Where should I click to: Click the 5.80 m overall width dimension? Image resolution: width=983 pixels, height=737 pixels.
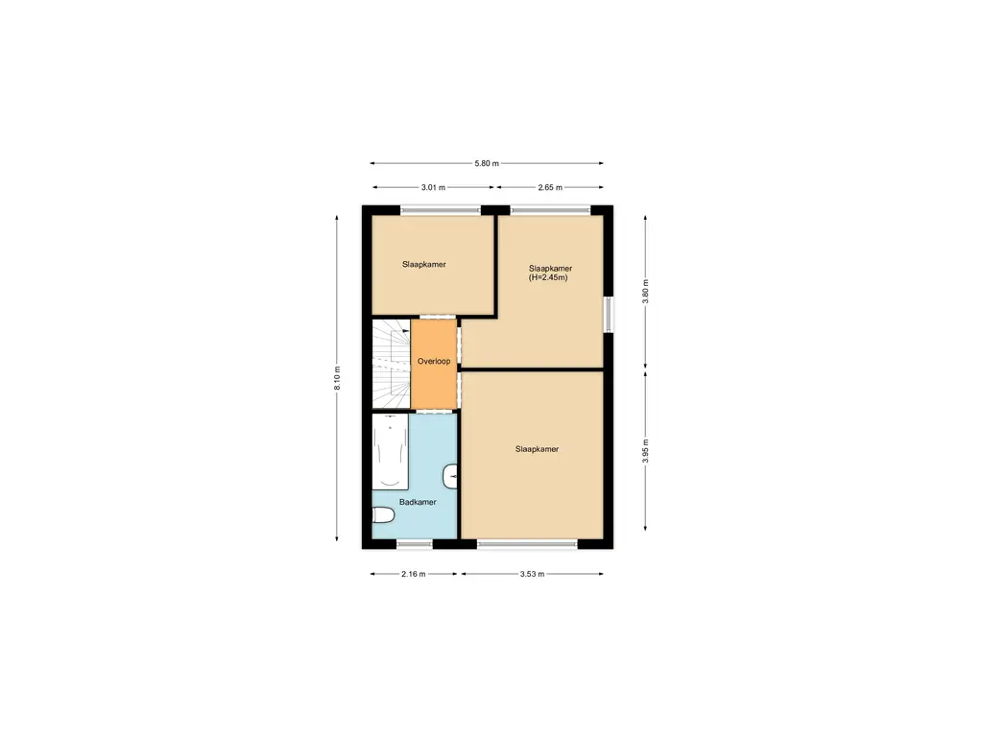[487, 164]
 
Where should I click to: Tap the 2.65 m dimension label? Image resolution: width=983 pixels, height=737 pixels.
[550, 188]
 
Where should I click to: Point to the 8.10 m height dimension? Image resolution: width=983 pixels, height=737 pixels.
[338, 378]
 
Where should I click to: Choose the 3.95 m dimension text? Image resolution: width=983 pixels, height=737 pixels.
[645, 452]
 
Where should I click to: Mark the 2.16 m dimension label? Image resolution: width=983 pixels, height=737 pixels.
[414, 574]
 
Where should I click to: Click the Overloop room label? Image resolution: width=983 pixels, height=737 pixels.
[434, 362]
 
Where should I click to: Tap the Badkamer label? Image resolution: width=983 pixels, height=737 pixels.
[419, 502]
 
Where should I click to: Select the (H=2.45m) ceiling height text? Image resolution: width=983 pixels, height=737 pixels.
[548, 278]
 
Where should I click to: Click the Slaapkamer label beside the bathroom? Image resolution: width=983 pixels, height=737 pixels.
[537, 449]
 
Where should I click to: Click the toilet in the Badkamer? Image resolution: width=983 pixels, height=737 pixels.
[383, 517]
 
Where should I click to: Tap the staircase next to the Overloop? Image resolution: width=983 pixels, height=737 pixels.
[391, 363]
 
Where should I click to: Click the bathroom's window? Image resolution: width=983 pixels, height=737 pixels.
[415, 544]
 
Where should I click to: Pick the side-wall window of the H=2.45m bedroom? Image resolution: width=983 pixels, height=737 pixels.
[608, 314]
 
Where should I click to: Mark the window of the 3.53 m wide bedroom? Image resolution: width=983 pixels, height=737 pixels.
[527, 544]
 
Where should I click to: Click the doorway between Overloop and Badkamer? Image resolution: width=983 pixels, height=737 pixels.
[435, 411]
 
